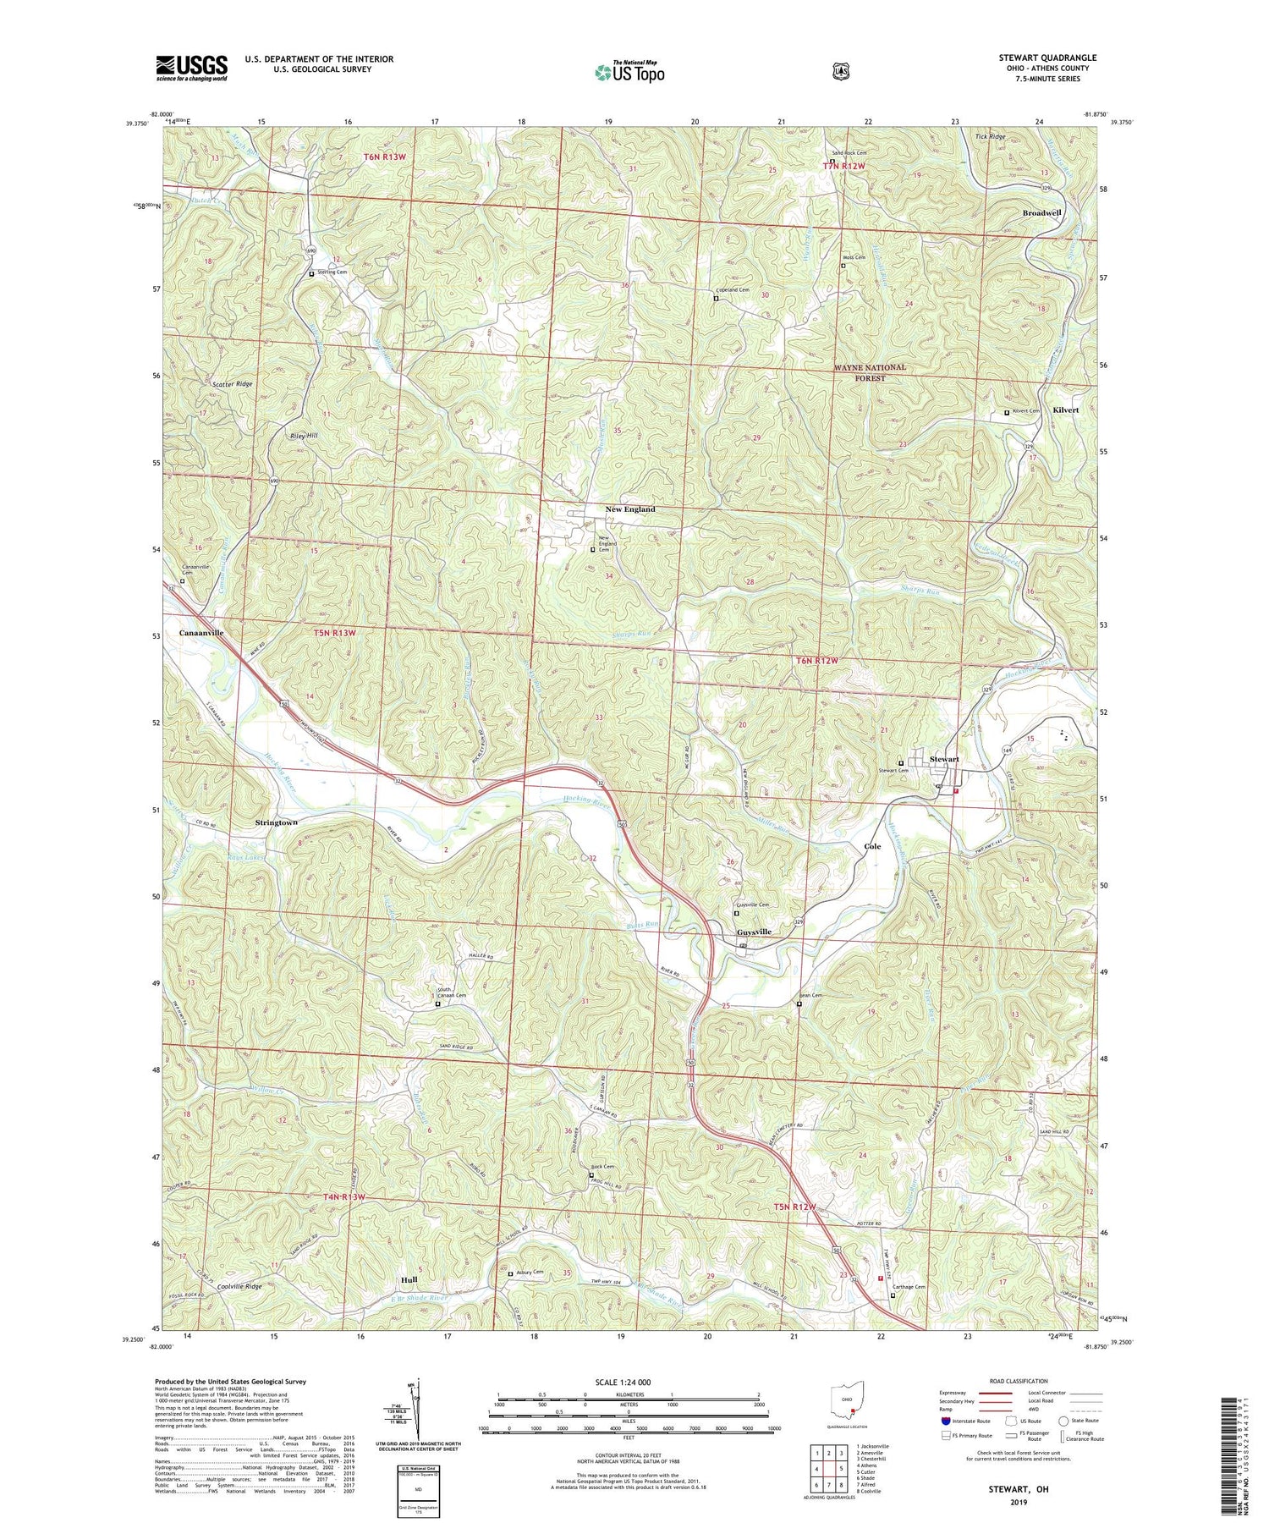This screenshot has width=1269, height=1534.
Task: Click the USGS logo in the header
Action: pyautogui.click(x=191, y=68)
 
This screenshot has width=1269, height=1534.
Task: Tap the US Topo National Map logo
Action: pyautogui.click(x=629, y=71)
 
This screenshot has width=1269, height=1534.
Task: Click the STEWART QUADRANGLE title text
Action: pyautogui.click(x=1047, y=58)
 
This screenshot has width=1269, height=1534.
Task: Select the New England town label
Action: pyautogui.click(x=630, y=509)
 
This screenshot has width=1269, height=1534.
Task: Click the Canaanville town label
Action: pyautogui.click(x=201, y=632)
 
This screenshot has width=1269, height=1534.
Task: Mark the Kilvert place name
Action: pyautogui.click(x=1065, y=410)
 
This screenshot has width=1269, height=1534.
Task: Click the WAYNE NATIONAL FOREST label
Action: pyautogui.click(x=869, y=372)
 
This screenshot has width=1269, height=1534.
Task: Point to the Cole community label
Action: pyautogui.click(x=872, y=846)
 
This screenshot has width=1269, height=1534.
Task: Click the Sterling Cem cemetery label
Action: pyautogui.click(x=332, y=272)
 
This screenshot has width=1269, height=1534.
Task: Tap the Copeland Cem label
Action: pyautogui.click(x=734, y=290)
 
